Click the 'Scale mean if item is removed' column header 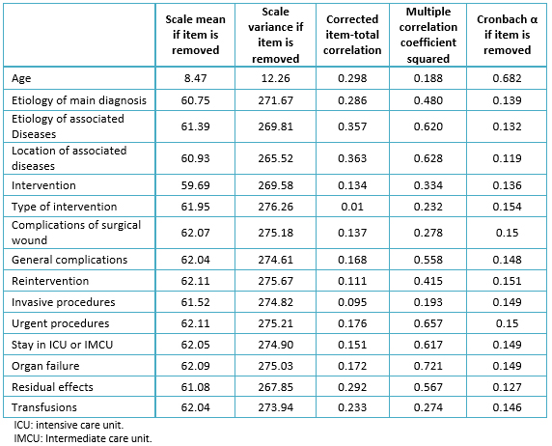tap(195, 35)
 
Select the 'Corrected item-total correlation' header tap(352, 35)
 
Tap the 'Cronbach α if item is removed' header tap(507, 35)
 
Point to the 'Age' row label tap(21, 78)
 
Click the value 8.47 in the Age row tap(195, 78)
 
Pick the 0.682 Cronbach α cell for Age tap(507, 78)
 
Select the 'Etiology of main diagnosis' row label tap(79, 100)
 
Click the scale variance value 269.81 tap(276, 126)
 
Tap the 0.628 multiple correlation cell tap(428, 158)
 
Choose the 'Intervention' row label tap(43, 185)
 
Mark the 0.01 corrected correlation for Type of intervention tap(352, 207)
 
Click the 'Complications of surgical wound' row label tap(76, 233)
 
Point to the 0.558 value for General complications tap(428, 260)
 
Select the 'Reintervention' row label tap(50, 281)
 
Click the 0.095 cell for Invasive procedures tap(352, 302)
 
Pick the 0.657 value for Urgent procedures tap(428, 323)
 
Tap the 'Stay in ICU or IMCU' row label tap(63, 345)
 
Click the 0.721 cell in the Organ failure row tap(428, 366)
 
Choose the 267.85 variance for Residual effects tap(276, 387)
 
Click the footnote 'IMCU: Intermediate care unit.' tap(83, 438)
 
